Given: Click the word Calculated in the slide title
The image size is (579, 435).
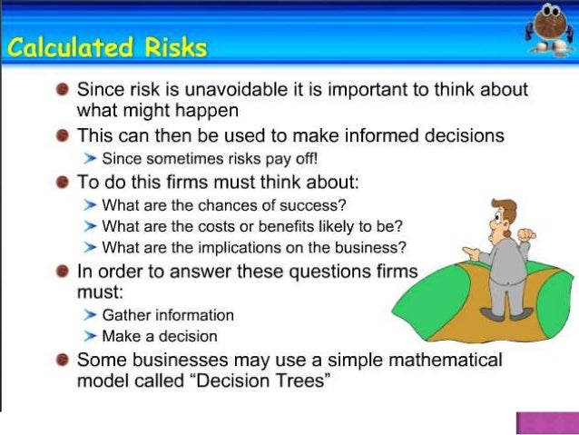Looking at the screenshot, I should pos(67,47).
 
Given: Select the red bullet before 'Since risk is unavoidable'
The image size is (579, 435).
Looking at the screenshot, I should pos(61,91).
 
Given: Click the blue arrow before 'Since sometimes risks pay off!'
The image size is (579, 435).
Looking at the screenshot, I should pos(90,159).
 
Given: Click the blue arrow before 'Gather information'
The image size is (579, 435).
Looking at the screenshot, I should pos(90,315).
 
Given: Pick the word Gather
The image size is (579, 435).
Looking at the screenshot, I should pos(126,315).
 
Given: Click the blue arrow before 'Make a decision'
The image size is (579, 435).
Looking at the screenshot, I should pos(90,336).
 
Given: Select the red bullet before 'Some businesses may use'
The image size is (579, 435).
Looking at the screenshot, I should pos(61,361).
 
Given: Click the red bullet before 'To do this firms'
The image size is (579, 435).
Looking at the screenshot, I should pos(61,182).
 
